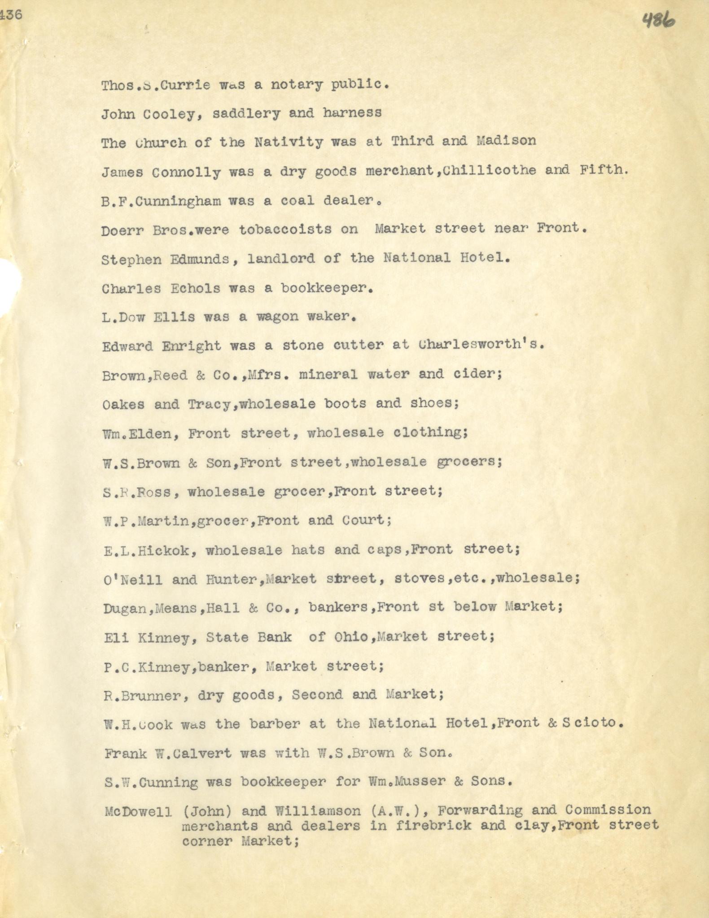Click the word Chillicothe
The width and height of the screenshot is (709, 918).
tap(489, 170)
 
